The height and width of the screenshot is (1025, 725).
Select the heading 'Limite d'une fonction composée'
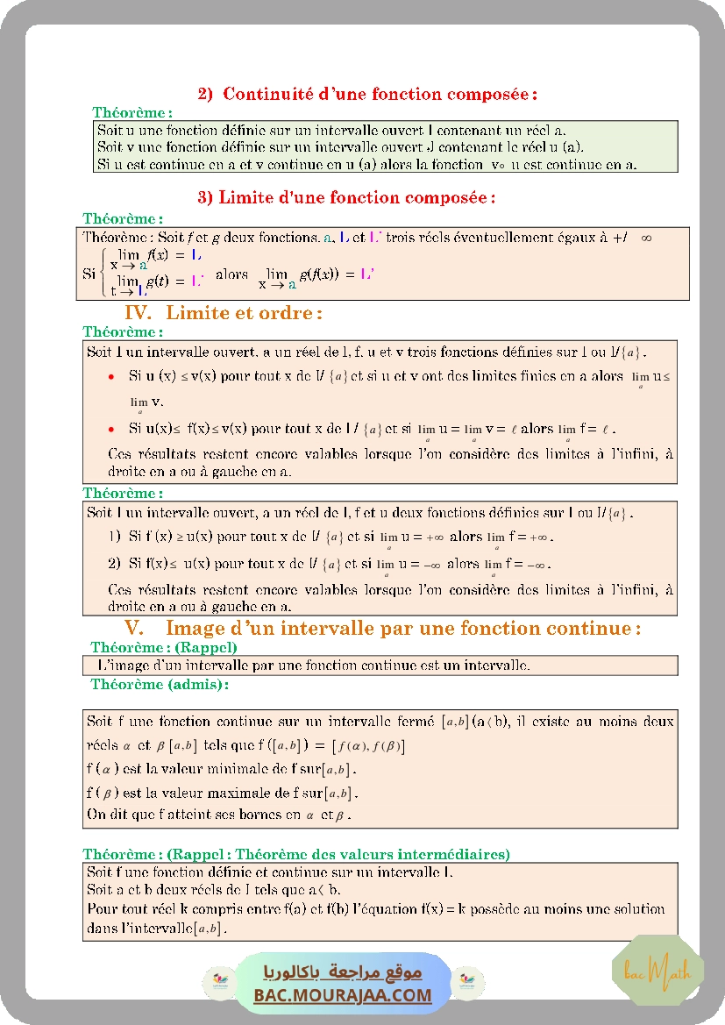[x=357, y=197]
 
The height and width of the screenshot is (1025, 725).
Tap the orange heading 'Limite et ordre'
[x=244, y=312]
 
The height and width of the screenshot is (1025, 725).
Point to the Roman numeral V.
[x=134, y=628]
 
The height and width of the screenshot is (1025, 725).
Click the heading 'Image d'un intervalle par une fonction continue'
[x=403, y=628]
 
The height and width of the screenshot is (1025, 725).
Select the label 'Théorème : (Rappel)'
[x=164, y=647]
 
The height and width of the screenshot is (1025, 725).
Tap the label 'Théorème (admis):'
[x=160, y=685]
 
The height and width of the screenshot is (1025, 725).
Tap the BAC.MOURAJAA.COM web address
[x=343, y=995]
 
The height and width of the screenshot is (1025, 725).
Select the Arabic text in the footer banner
[x=343, y=972]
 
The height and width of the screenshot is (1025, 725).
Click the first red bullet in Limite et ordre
[x=110, y=376]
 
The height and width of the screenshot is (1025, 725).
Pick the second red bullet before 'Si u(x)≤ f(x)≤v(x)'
[x=110, y=430]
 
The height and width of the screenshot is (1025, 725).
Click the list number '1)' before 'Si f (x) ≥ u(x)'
[x=114, y=536]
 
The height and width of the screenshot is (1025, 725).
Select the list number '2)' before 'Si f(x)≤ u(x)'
[x=114, y=563]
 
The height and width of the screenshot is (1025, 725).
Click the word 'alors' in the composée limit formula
[x=231, y=274]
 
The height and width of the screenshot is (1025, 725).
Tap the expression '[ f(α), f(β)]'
[x=368, y=746]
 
